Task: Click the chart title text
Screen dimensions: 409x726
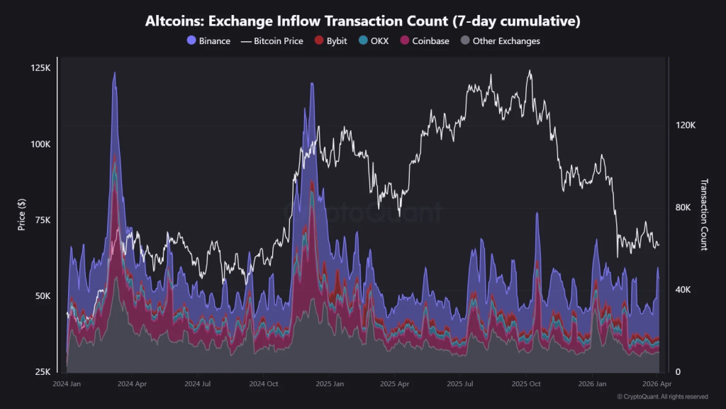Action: tap(363, 21)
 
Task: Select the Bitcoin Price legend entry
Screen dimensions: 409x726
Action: tap(272, 41)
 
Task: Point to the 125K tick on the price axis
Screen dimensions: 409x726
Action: tap(40, 68)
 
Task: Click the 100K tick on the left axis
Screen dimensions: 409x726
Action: tap(40, 144)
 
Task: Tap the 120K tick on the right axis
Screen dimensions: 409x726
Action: tap(686, 126)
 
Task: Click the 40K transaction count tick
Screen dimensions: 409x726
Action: tap(683, 290)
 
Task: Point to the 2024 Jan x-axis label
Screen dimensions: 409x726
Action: tap(67, 383)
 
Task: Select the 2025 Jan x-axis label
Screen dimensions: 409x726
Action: tap(330, 383)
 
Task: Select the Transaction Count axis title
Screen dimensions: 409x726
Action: tap(704, 214)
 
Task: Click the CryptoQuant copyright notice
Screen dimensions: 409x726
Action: tap(661, 397)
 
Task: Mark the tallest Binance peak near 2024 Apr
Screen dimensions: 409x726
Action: tap(114, 73)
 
